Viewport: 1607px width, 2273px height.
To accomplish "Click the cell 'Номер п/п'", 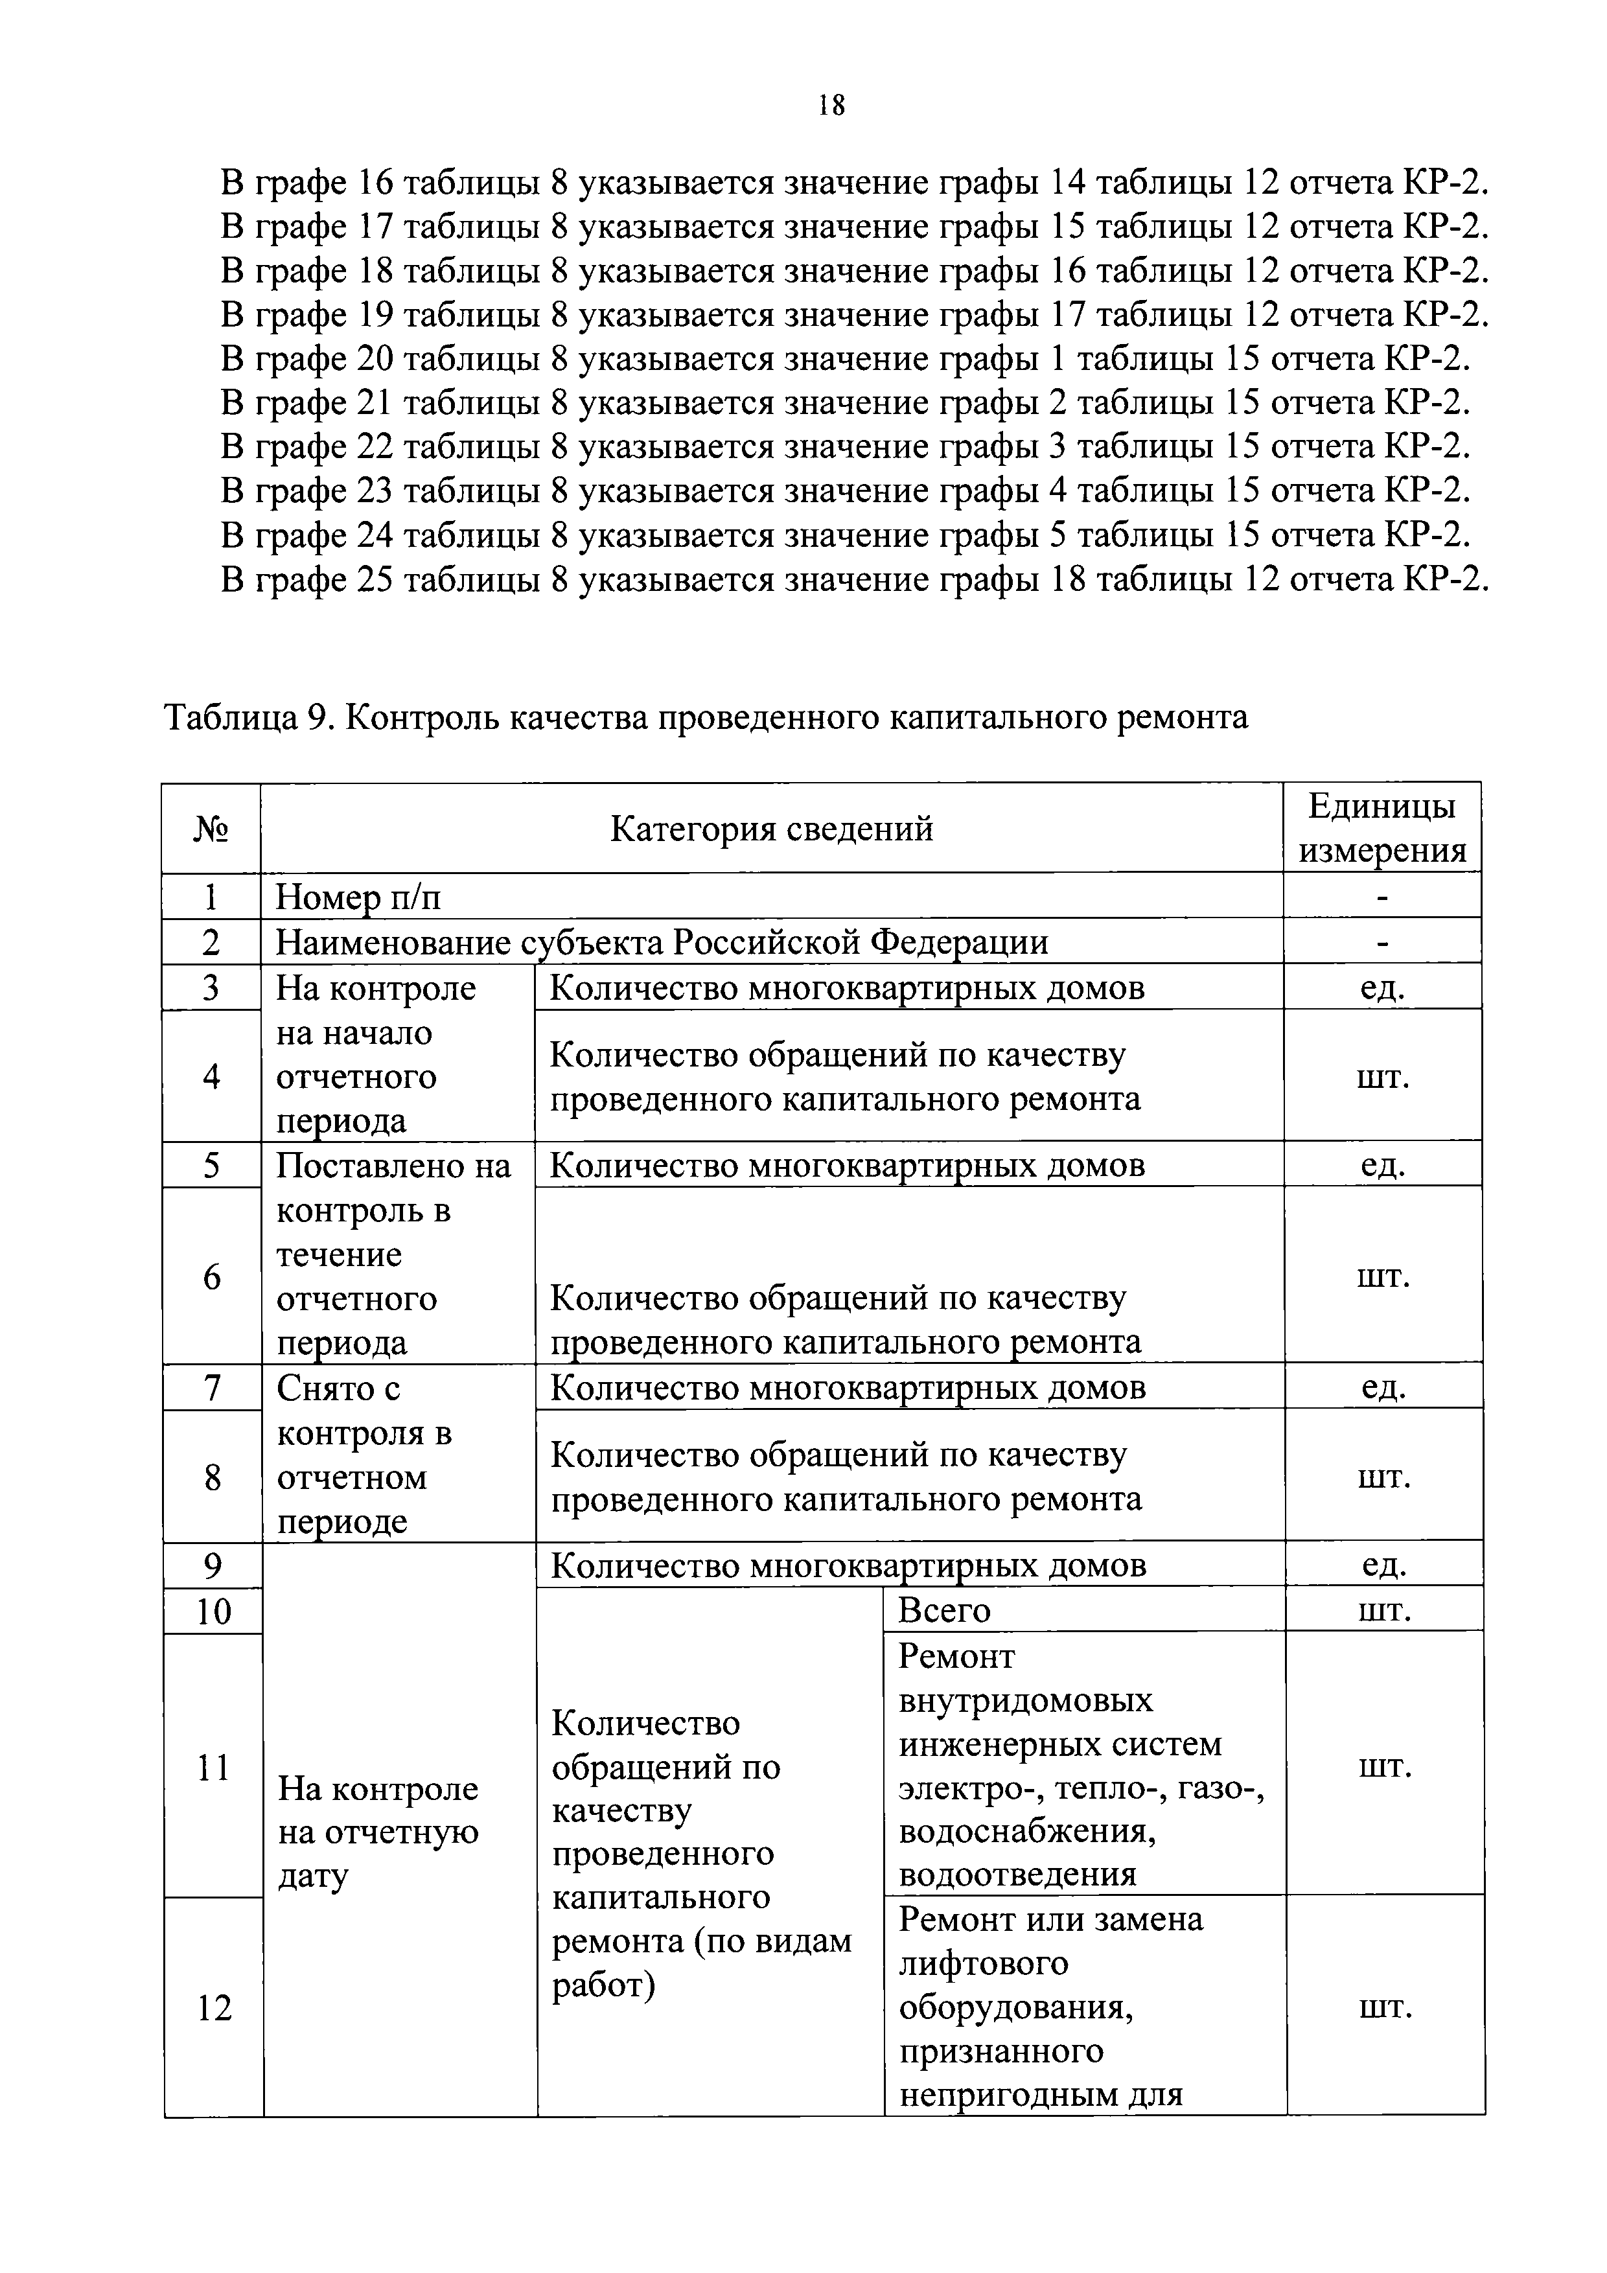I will tap(358, 897).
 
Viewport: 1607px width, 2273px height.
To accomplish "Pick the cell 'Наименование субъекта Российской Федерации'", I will tap(662, 941).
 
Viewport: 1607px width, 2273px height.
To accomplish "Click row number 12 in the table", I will tap(214, 2008).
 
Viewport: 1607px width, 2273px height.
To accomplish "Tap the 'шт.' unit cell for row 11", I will tap(1383, 1766).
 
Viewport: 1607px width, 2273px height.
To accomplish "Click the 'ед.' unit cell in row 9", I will tap(1383, 1565).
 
